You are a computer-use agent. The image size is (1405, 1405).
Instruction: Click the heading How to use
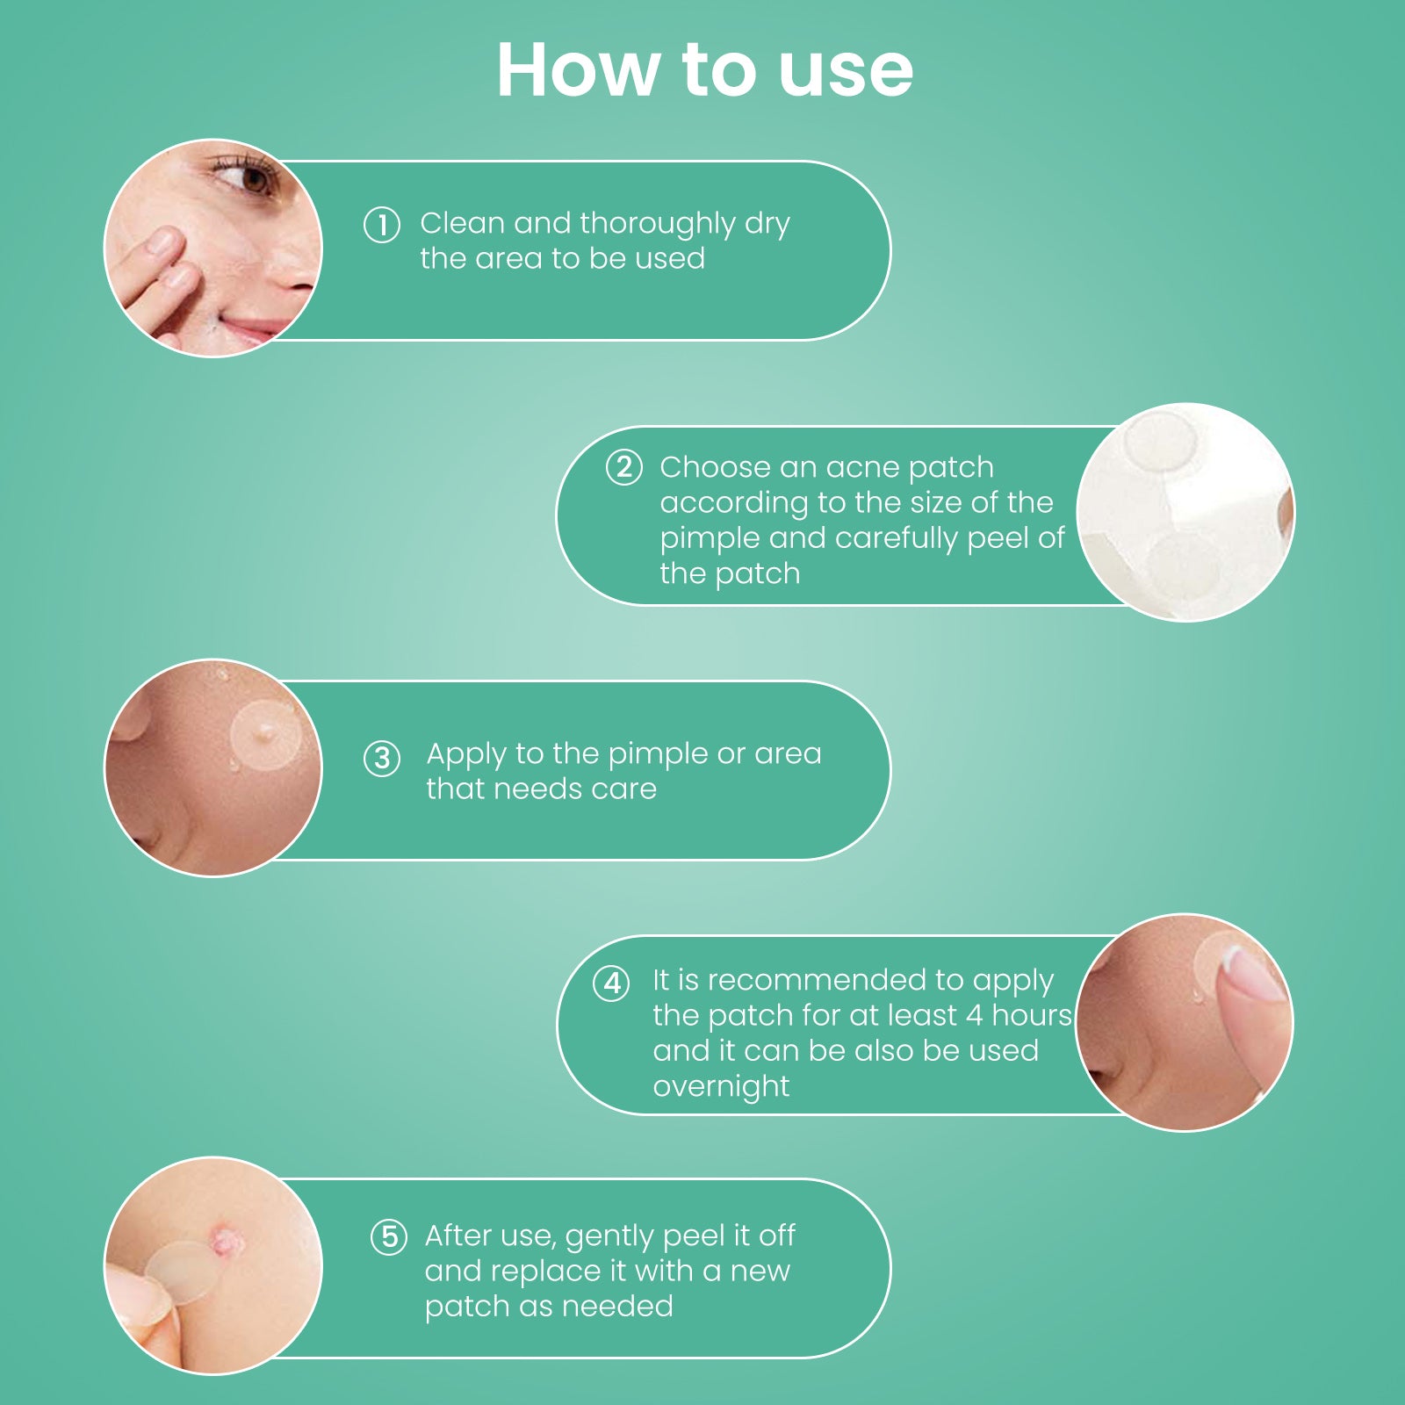704,69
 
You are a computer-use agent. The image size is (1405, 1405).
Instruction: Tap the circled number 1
382,225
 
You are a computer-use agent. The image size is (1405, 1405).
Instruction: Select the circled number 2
624,467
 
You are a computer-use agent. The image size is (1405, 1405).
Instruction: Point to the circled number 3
382,758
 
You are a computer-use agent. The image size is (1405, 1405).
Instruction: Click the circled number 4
611,983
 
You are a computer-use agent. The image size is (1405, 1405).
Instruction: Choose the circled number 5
389,1237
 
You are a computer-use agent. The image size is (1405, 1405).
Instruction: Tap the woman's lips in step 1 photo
255,331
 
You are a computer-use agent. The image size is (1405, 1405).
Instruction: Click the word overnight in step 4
721,1087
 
